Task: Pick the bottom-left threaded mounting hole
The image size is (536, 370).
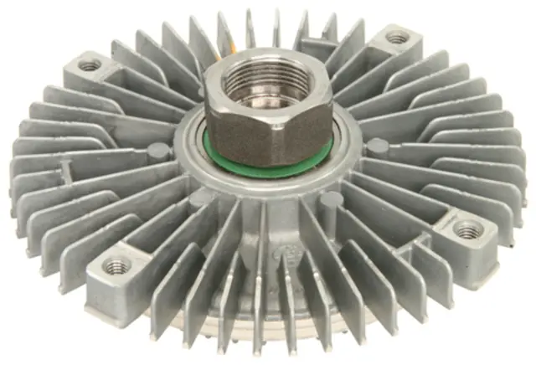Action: [116, 267]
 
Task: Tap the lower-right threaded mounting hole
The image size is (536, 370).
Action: [466, 229]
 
